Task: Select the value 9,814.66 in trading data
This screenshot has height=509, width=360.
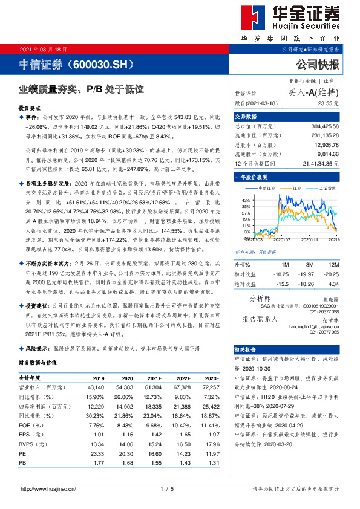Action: pyautogui.click(x=327, y=155)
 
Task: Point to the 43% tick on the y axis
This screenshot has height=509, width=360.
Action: pyautogui.click(x=247, y=199)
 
